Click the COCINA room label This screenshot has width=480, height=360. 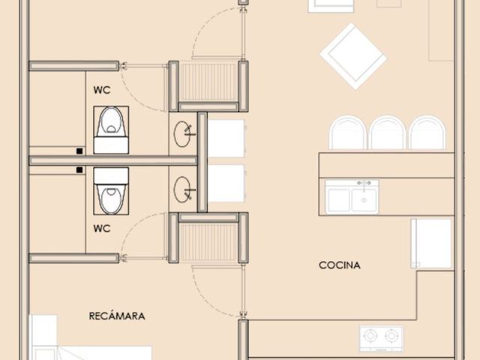pos(340,265)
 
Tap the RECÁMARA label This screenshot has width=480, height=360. pos(117,316)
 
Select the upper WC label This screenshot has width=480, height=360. pos(102,90)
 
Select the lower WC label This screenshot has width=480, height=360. pos(102,228)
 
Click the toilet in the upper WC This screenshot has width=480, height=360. pos(111,130)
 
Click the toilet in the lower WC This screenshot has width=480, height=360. pos(111,190)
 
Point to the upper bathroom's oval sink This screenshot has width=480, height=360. pos(182,134)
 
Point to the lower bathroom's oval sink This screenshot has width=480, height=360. pos(182,189)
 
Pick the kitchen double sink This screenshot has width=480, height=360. pos(352,196)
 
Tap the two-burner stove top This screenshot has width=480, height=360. pos(382,338)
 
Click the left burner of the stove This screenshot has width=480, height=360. pos(370,336)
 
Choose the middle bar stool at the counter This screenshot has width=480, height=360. pos(387,133)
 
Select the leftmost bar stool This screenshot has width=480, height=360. pos(348,133)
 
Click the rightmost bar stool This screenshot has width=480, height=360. pos(427,133)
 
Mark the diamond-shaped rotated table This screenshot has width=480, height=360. pos(353,56)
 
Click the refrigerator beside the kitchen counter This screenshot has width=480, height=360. pos(431,243)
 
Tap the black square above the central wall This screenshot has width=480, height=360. pos(79,151)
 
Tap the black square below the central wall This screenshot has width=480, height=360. pos(79,170)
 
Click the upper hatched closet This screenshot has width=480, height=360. pos(208,82)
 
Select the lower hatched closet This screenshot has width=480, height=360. pos(208,242)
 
